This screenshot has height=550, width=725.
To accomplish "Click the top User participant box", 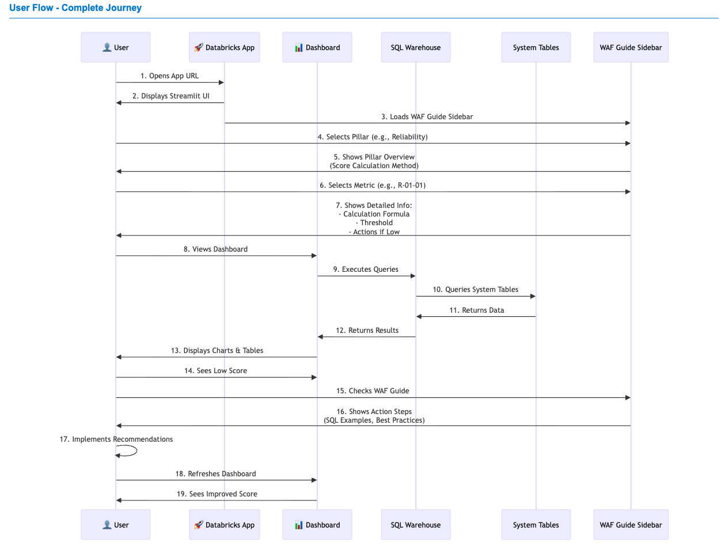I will pos(115,47).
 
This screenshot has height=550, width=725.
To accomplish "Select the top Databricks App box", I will pos(224,47).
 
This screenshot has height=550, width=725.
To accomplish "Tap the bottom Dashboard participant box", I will pos(317,525).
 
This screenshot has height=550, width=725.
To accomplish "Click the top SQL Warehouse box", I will pos(415,47).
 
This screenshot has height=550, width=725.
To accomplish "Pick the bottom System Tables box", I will pos(536,525).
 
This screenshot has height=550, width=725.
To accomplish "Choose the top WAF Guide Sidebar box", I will pos(631,47).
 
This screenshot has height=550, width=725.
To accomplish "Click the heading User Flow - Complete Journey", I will pos(75,8).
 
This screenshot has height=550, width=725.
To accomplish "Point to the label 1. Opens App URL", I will pos(169,76).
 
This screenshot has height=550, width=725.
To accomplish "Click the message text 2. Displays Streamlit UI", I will pos(170,96).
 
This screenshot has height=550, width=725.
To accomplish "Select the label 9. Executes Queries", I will pos(366,270).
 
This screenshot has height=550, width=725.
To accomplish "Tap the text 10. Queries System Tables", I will pos(475,290).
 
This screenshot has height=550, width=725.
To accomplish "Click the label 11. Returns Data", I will pos(476,310).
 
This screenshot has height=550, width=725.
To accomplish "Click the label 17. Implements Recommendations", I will pos(116,439).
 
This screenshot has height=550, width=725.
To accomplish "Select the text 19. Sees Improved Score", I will pos(217,494).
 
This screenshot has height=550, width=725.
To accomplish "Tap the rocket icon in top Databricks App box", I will pos(199,47).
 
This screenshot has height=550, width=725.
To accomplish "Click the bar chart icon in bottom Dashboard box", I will pos(298,525).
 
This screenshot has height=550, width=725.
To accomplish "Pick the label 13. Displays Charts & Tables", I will pos(217,351).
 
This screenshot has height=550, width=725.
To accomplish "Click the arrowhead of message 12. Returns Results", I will pos(320,337).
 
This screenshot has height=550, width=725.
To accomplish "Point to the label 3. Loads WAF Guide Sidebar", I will pos(427,117).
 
